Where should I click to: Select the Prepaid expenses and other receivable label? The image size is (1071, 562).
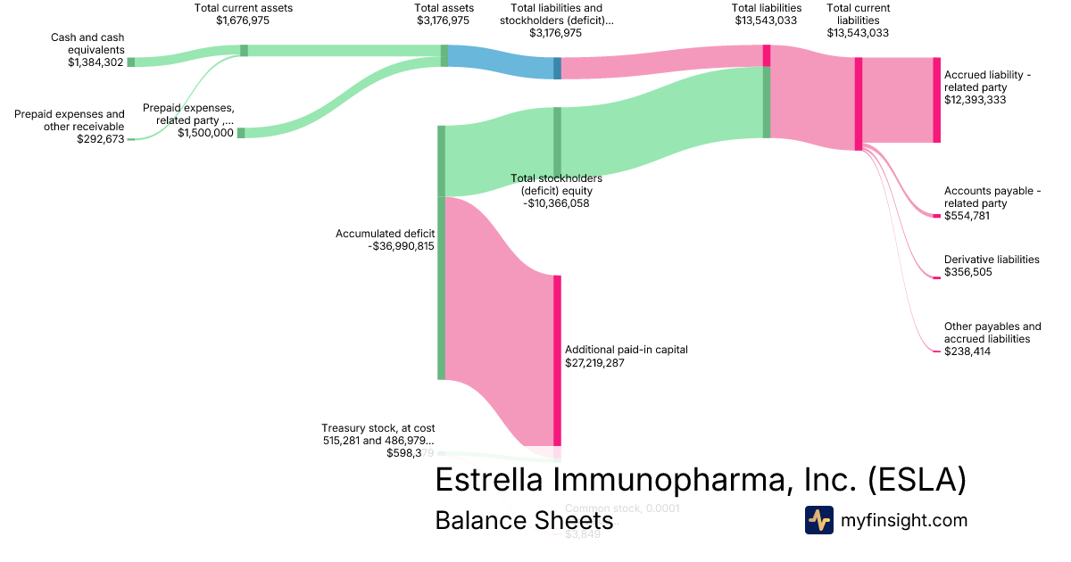click(x=70, y=120)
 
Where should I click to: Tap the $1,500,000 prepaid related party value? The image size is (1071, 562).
click(x=205, y=133)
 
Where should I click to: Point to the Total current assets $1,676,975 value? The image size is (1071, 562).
click(x=244, y=21)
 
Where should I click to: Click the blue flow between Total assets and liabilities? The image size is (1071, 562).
click(x=500, y=62)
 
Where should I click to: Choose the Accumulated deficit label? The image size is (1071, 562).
click(x=385, y=234)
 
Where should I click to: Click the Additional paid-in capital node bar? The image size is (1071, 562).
click(x=557, y=360)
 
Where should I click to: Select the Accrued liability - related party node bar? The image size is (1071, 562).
click(x=936, y=100)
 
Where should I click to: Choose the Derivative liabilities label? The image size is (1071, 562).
click(x=992, y=260)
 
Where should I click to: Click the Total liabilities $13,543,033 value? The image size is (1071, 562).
click(x=766, y=21)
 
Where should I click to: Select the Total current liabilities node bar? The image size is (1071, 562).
click(x=859, y=103)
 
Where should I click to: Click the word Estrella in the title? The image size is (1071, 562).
click(x=488, y=480)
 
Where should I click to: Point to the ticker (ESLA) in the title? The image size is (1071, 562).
click(x=917, y=480)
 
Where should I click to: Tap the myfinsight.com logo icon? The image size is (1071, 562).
click(x=818, y=520)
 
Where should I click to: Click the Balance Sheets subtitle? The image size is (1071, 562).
click(x=524, y=520)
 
